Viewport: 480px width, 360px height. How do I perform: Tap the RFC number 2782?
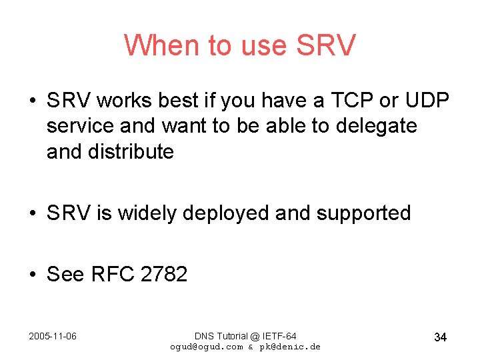point(164,273)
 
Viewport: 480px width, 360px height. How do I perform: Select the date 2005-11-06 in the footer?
point(53,336)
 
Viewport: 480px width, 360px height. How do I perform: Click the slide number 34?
point(440,337)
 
